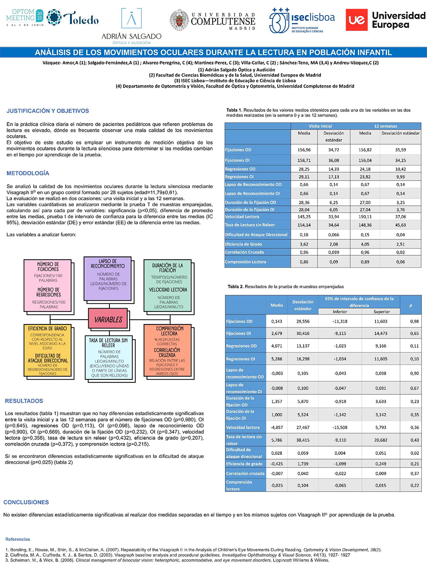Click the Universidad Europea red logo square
pyautogui.click(x=357, y=20)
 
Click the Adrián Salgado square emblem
pyautogui.click(x=131, y=18)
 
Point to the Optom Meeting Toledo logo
pyautogui.click(x=52, y=18)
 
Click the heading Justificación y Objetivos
pyautogui.click(x=48, y=111)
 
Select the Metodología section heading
pyautogui.click(x=28, y=173)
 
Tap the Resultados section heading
pyautogui.click(x=24, y=401)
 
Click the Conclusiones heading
pyautogui.click(x=26, y=502)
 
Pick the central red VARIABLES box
pyautogui.click(x=108, y=319)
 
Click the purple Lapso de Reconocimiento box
pyautogui.click(x=108, y=279)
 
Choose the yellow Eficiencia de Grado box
pyautogui.click(x=49, y=350)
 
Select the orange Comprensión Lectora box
pyautogui.click(x=169, y=350)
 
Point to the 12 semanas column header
pyautogui.click(x=385, y=126)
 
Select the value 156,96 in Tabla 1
pyautogui.click(x=304, y=150)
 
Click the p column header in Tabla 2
pyautogui.click(x=411, y=305)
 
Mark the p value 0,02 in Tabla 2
pyautogui.click(x=414, y=453)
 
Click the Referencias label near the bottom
pyautogui.click(x=18, y=539)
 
